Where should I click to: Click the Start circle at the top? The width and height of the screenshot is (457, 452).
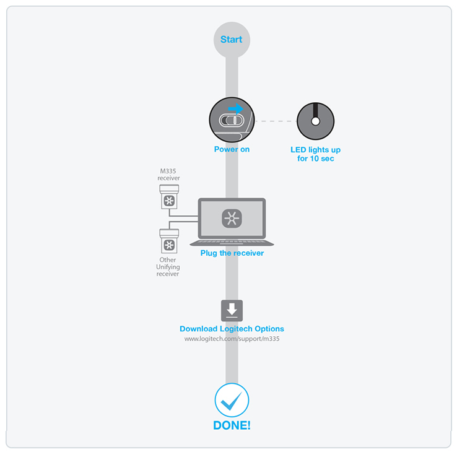(x=232, y=40)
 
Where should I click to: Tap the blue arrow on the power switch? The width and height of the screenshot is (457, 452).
(x=236, y=109)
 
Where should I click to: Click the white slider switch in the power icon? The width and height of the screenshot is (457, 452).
(x=232, y=120)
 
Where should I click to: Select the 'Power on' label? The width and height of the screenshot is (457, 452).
(x=232, y=149)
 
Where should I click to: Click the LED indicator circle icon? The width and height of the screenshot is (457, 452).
(x=316, y=121)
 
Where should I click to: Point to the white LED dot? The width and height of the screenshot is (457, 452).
(x=316, y=121)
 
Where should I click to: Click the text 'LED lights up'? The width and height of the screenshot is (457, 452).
(x=315, y=150)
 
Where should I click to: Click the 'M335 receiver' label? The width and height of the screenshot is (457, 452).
(x=168, y=174)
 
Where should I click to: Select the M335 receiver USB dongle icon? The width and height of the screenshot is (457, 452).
(x=169, y=197)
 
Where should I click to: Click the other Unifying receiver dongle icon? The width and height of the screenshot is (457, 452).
(x=169, y=241)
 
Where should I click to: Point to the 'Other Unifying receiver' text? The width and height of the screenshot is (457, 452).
(x=168, y=267)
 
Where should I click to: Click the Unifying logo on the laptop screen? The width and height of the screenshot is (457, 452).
(x=232, y=219)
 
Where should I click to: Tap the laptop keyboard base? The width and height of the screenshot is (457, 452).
(x=232, y=243)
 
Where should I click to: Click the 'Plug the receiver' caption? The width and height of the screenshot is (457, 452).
(x=232, y=253)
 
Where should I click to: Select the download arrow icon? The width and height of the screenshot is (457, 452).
(x=232, y=310)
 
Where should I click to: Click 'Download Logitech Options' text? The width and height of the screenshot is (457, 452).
(x=232, y=329)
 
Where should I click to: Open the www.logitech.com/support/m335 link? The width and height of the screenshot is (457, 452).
(x=232, y=339)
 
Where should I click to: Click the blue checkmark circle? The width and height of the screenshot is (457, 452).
(x=232, y=400)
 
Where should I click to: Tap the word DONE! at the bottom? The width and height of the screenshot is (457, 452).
(x=232, y=425)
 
